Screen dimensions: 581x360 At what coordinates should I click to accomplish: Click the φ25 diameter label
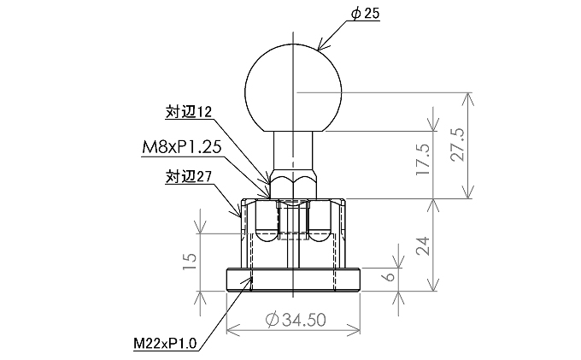pos(366,14)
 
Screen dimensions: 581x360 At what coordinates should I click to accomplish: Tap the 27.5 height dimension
pos(458,145)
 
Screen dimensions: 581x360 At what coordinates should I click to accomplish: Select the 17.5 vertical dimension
pos(422,159)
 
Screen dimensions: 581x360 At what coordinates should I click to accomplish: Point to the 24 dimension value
pos(422,245)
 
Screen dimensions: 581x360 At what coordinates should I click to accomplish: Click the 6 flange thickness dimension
pos(388,276)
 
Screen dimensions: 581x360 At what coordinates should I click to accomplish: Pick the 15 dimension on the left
pos(190,262)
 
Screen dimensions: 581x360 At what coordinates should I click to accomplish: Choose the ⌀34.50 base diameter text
pos(296,320)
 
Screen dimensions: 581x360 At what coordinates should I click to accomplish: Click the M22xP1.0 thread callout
pos(165,343)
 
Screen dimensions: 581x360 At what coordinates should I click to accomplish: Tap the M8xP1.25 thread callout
pos(181,147)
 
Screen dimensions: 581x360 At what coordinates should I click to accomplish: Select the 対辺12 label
pos(189,112)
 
